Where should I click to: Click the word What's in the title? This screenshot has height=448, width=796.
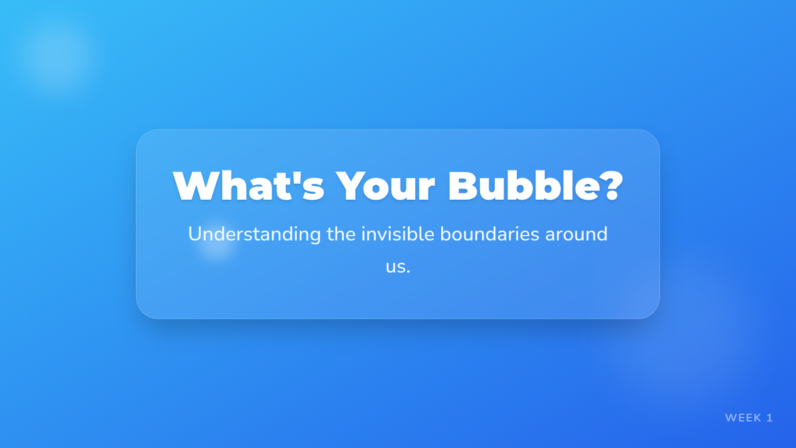[x=249, y=186]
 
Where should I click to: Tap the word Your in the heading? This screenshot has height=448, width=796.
[x=385, y=186]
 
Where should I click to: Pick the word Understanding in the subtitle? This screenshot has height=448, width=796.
[x=255, y=235]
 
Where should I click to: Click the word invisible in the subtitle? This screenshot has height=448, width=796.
[x=397, y=234]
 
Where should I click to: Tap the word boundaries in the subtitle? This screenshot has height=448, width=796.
[x=490, y=234]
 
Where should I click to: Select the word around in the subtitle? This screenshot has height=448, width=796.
[x=576, y=234]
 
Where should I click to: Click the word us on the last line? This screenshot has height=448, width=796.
[x=395, y=267]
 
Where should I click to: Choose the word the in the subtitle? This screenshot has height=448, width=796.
[x=341, y=234]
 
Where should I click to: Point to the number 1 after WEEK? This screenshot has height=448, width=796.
[x=770, y=417]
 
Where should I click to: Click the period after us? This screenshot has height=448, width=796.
[x=409, y=272]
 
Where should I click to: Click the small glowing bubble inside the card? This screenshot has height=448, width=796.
[x=217, y=242]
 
